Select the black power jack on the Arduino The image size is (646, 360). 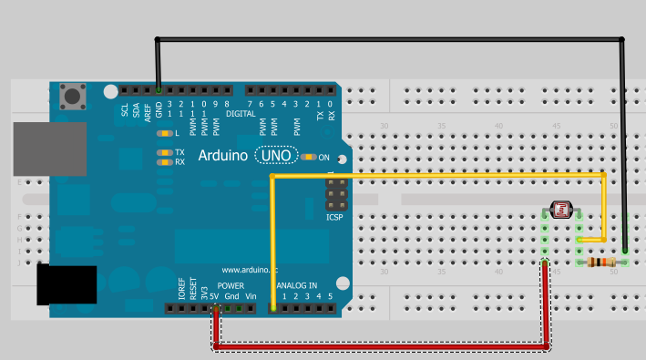[x=67, y=283]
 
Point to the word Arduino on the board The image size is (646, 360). [x=222, y=156]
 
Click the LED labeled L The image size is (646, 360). [x=164, y=134]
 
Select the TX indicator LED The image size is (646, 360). [x=164, y=152]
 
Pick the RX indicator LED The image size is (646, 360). [x=164, y=161]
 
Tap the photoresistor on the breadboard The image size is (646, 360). [x=560, y=211]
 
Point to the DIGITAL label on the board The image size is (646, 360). [x=241, y=113]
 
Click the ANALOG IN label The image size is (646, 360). [x=298, y=285]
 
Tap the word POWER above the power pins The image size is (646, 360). [x=231, y=285]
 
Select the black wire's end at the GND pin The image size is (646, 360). [x=159, y=90]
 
